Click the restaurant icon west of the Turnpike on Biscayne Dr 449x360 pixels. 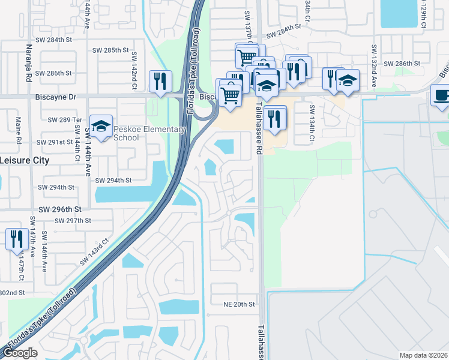(160, 82)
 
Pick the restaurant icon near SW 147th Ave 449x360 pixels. (16, 238)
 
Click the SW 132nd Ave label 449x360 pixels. (373, 66)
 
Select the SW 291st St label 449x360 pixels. (55, 142)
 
